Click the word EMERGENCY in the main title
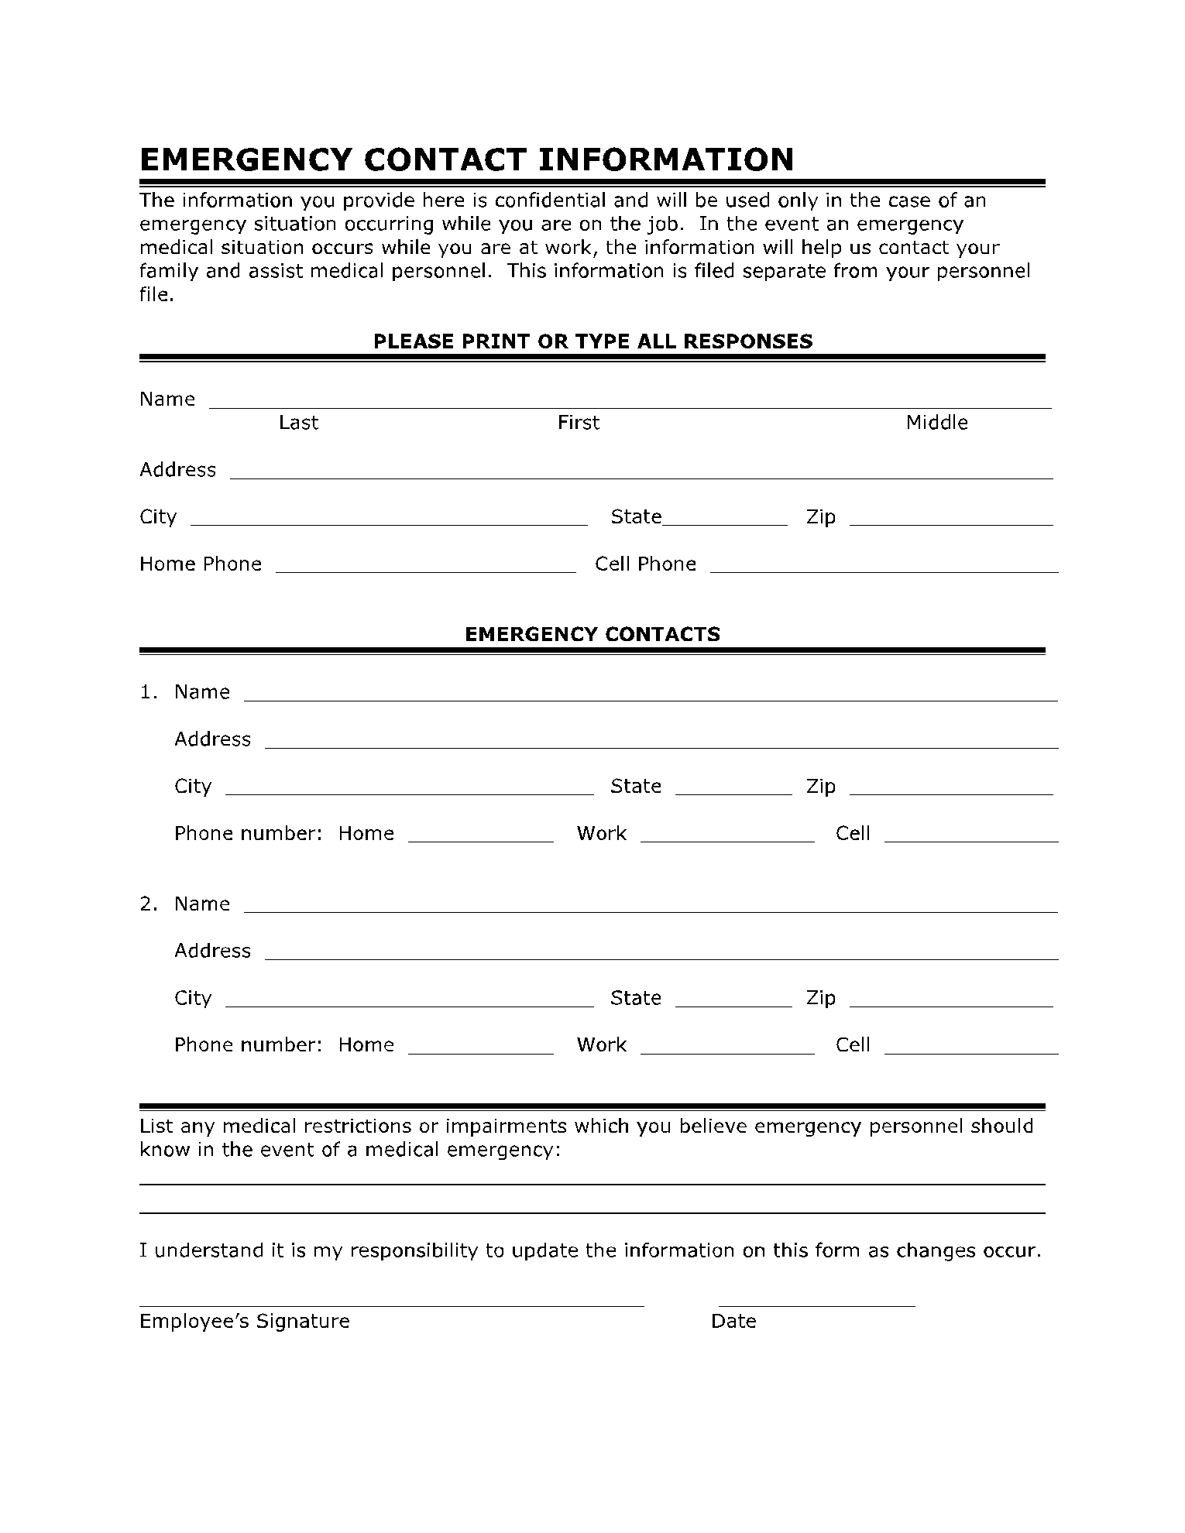(246, 159)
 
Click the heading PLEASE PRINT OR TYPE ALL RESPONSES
(592, 341)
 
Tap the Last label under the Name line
(298, 423)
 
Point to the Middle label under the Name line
(936, 423)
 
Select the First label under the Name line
(578, 423)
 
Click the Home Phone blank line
(425, 568)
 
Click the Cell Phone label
(645, 564)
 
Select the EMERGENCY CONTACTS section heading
(592, 634)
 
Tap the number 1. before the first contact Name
(148, 692)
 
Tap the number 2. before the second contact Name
(148, 904)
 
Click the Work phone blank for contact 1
(727, 838)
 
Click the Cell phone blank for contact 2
(970, 1050)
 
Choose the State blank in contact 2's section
(733, 1003)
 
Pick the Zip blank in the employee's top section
(950, 522)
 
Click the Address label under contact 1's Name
(212, 739)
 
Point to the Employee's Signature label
(244, 1322)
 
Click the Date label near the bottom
(733, 1322)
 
